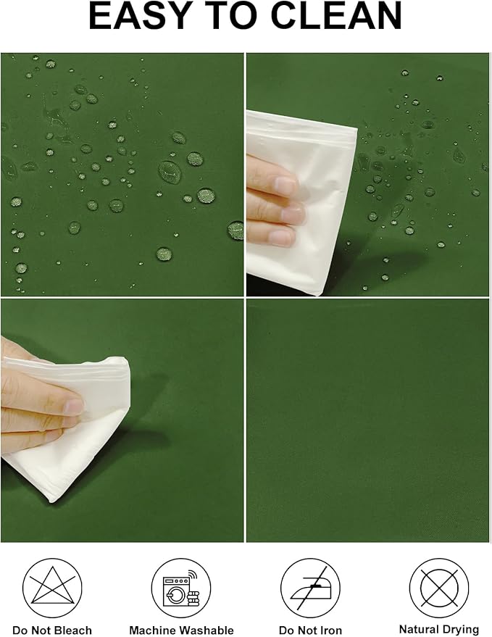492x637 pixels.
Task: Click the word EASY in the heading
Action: point(141,15)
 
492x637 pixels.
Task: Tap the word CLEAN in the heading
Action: point(336,15)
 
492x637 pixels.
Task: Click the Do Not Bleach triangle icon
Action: point(52,588)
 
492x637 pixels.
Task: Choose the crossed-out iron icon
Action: point(310,588)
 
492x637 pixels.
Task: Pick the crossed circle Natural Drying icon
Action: point(439,588)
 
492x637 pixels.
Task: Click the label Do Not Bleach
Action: point(52,630)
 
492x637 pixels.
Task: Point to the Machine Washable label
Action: point(181,630)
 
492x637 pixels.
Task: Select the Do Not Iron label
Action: point(310,630)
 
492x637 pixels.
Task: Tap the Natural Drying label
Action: point(439,630)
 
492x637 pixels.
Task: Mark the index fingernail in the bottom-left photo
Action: point(74,407)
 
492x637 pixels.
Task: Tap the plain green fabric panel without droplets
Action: point(367,420)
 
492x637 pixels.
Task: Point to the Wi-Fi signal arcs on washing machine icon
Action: point(191,573)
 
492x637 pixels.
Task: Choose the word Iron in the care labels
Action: point(330,630)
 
